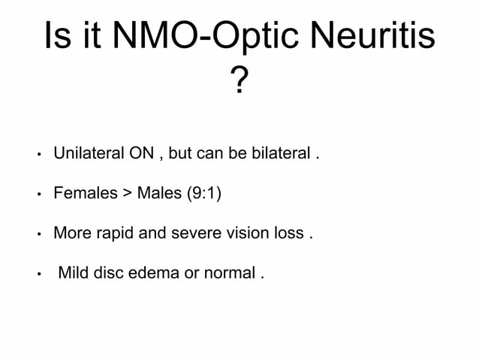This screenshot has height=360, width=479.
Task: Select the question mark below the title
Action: [x=239, y=82]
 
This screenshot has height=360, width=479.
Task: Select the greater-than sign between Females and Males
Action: [x=126, y=194]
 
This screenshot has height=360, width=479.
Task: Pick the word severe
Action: [x=198, y=233]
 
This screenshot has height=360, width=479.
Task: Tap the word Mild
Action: [x=74, y=272]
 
